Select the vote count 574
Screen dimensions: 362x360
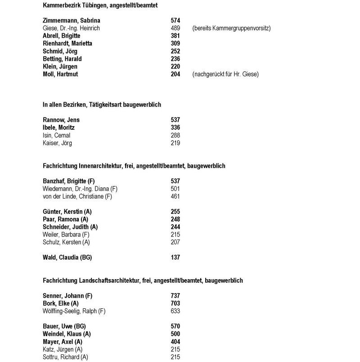click(x=175, y=21)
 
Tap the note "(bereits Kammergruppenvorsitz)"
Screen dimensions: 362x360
click(x=231, y=28)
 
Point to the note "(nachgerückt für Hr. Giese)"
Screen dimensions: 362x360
click(x=225, y=74)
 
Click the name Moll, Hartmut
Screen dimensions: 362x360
click(x=60, y=74)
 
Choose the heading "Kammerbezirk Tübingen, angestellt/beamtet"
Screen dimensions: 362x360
click(x=100, y=5)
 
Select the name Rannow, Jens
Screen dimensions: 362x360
click(x=61, y=120)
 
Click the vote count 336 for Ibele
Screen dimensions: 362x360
click(x=175, y=128)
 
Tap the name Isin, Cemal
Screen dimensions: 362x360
click(x=57, y=136)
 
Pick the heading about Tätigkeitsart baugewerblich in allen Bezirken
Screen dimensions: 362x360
click(x=102, y=105)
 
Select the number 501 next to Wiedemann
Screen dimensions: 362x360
click(x=175, y=189)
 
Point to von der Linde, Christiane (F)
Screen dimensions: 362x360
click(x=74, y=196)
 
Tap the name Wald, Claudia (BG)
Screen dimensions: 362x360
click(x=67, y=258)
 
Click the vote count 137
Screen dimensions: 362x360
click(x=175, y=258)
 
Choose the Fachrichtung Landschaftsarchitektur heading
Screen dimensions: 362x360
click(x=143, y=281)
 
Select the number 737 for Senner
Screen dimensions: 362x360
click(x=175, y=296)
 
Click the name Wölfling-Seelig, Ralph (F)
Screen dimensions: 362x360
click(x=74, y=311)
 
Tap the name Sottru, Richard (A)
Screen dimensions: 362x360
click(x=65, y=357)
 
